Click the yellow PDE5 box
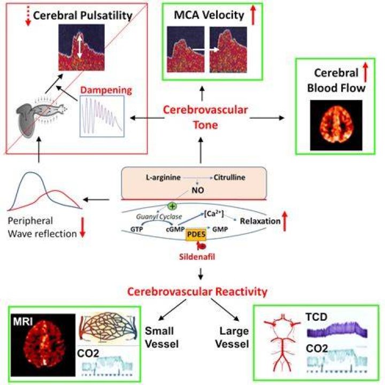click(196, 235)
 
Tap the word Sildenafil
click(197, 257)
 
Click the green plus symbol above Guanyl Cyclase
click(172, 206)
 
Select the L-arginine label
click(163, 178)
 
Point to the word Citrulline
click(229, 178)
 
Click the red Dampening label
click(106, 90)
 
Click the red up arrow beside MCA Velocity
click(253, 15)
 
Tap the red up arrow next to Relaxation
click(284, 221)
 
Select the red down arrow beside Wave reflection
click(83, 227)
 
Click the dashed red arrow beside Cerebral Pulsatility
click(28, 16)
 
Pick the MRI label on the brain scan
click(23, 321)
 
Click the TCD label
click(316, 317)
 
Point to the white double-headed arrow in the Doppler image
click(79, 46)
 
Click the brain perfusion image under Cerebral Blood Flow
click(336, 125)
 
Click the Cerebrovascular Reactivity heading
click(197, 292)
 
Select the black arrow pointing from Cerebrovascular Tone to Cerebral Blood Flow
click(267, 118)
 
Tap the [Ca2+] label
click(213, 213)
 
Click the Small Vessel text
click(161, 337)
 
